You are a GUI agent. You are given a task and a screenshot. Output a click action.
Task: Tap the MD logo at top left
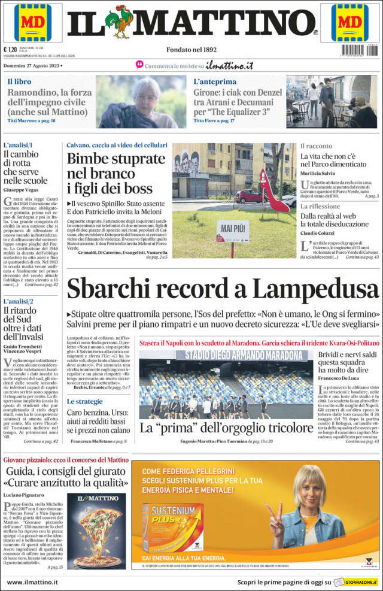coord(34,22)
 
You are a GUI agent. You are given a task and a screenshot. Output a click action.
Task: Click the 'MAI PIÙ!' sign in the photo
coord(233,229)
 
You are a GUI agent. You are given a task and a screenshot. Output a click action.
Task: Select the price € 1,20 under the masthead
coord(10,50)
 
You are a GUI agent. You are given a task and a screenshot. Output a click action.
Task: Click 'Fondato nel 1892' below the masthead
coord(191,50)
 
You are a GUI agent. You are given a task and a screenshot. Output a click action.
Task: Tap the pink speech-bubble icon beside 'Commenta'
coord(139,64)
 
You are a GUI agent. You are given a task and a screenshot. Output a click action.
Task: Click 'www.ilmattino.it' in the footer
coord(32,581)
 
